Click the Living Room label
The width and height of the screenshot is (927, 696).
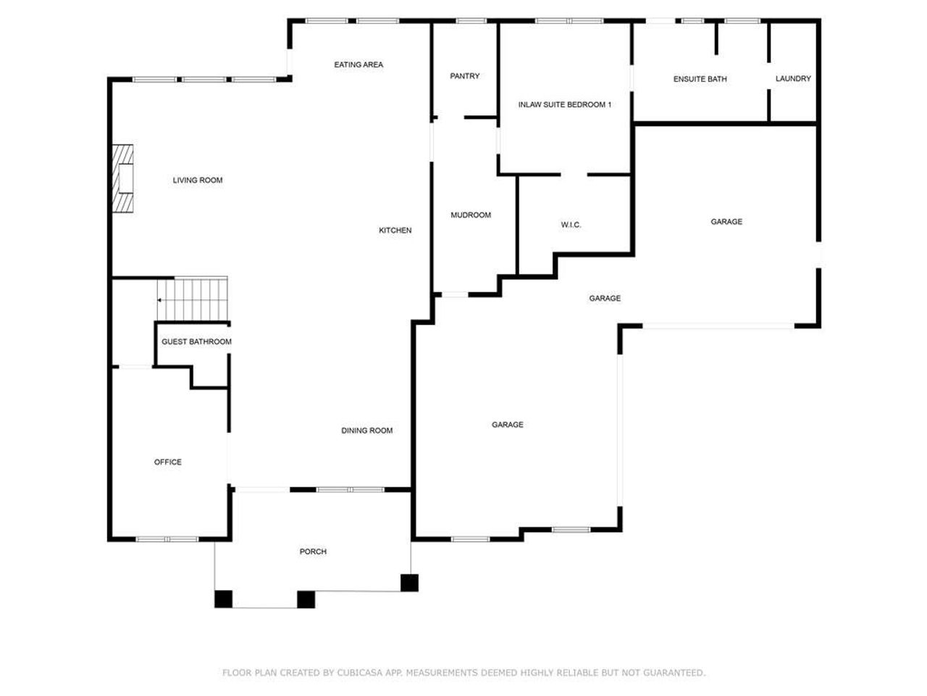pyautogui.click(x=197, y=181)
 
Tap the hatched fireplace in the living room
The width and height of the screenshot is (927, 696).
pyautogui.click(x=123, y=178)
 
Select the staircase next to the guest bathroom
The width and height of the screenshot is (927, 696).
pyautogui.click(x=193, y=299)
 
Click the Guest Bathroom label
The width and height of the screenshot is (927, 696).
pyautogui.click(x=196, y=342)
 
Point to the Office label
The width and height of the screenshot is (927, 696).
pyautogui.click(x=167, y=463)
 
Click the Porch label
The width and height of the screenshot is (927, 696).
pyautogui.click(x=313, y=552)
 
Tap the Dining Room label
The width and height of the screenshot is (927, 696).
pyautogui.click(x=366, y=431)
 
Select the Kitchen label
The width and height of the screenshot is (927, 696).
pyautogui.click(x=395, y=231)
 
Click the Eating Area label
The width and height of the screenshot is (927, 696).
pyautogui.click(x=358, y=65)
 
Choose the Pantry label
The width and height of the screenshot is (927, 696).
pyautogui.click(x=464, y=76)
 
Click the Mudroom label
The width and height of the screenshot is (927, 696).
pyautogui.click(x=470, y=215)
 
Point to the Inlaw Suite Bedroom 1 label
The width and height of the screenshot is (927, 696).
pyautogui.click(x=564, y=105)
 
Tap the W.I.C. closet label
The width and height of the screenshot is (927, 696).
pyautogui.click(x=571, y=225)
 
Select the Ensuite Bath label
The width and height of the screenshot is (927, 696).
pyautogui.click(x=700, y=79)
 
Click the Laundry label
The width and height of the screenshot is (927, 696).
pyautogui.click(x=793, y=79)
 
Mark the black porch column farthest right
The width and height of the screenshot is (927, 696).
pyautogui.click(x=409, y=583)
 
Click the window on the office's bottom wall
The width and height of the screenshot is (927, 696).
pyautogui.click(x=167, y=539)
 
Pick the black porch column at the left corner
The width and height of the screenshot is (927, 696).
pyautogui.click(x=223, y=599)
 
